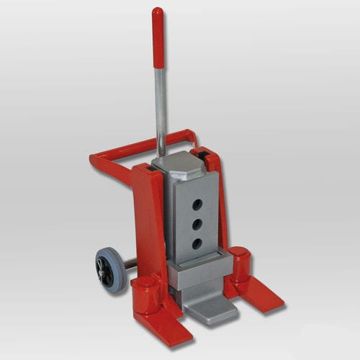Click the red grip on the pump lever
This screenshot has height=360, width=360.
(157, 36)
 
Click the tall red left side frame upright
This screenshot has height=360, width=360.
(148, 216)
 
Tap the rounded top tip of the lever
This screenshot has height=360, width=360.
(157, 11)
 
